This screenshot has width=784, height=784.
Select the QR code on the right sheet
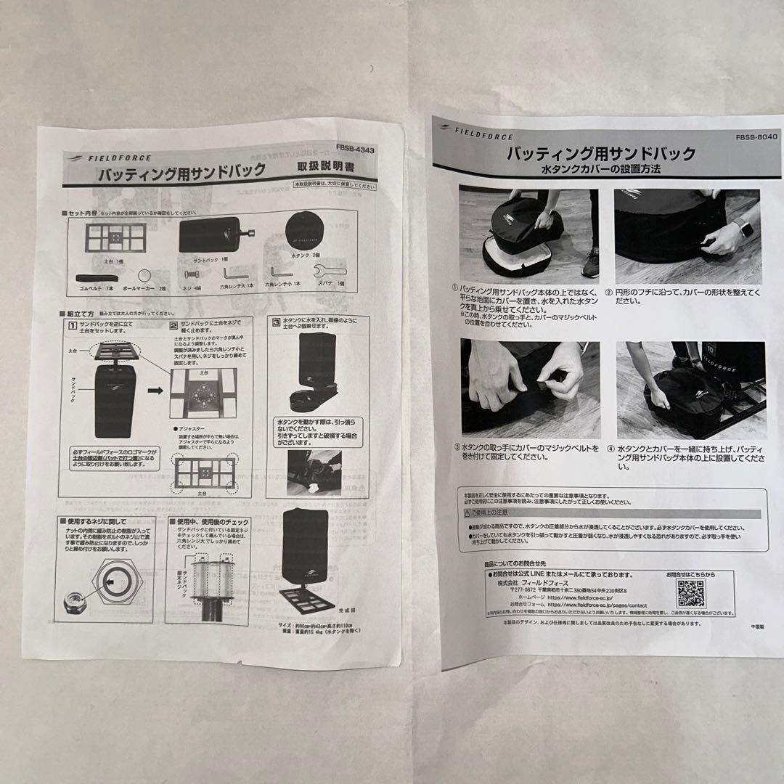click(690, 592)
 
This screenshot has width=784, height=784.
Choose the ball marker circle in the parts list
click(145, 275)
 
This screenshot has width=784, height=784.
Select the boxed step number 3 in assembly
click(277, 321)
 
